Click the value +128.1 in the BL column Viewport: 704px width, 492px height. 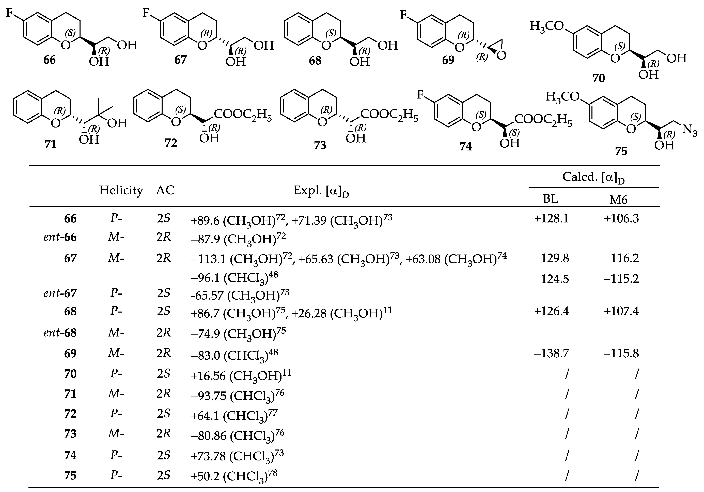(551, 219)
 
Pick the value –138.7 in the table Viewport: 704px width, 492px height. (551, 353)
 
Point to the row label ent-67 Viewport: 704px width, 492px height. (60, 293)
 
